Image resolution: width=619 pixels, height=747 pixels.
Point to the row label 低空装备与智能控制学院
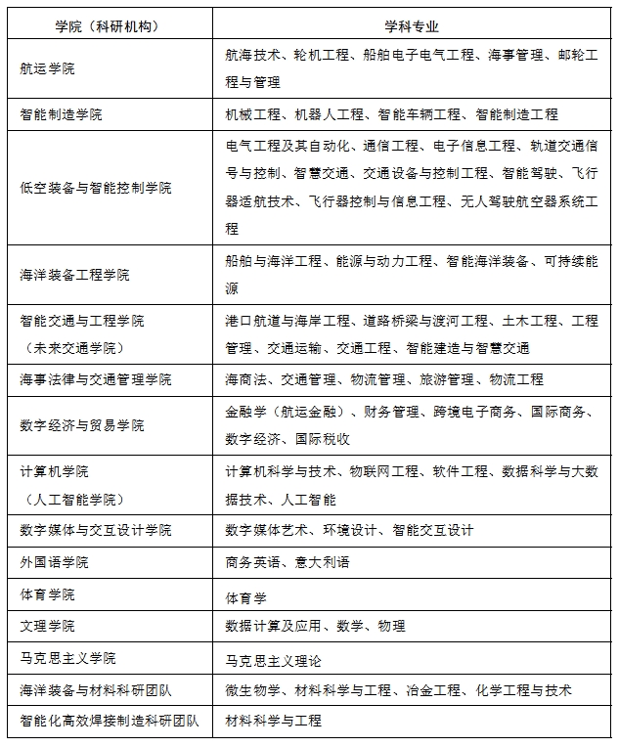[95, 187]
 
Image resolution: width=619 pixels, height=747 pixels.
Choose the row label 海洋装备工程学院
[74, 275]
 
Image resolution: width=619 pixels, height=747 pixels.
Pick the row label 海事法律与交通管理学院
[95, 379]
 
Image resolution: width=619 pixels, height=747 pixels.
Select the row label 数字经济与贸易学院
[81, 425]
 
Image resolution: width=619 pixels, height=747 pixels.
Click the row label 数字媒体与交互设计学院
[95, 530]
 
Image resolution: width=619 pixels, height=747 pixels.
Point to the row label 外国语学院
[54, 562]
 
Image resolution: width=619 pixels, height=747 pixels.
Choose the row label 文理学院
[47, 626]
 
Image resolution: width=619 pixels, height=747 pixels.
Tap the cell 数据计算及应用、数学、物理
[315, 626]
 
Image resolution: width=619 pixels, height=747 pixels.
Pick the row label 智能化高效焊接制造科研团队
[109, 722]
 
